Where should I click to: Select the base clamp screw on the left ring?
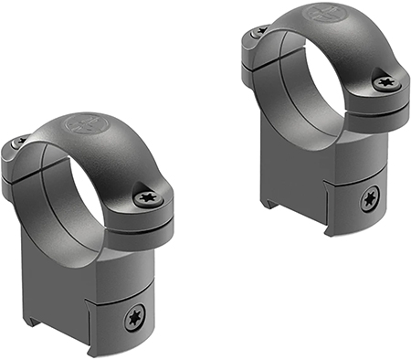(x=134, y=317)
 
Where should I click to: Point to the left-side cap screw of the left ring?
(x=18, y=143)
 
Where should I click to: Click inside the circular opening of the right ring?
(x=315, y=87)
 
